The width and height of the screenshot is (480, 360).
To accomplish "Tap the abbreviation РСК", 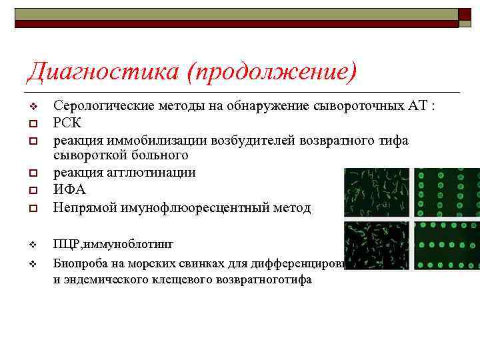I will coord(67,123).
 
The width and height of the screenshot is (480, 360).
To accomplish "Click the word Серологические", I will coord(103,106).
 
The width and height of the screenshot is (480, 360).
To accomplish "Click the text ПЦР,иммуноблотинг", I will coord(113,244).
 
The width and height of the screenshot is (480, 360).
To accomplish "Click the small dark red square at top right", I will coord(465,14).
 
